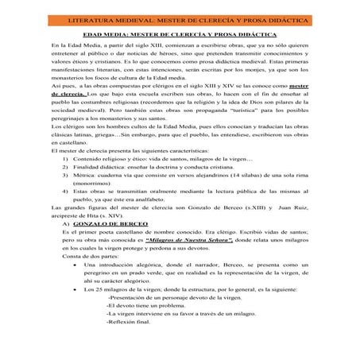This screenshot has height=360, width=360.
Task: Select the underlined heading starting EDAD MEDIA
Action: tap(180, 35)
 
